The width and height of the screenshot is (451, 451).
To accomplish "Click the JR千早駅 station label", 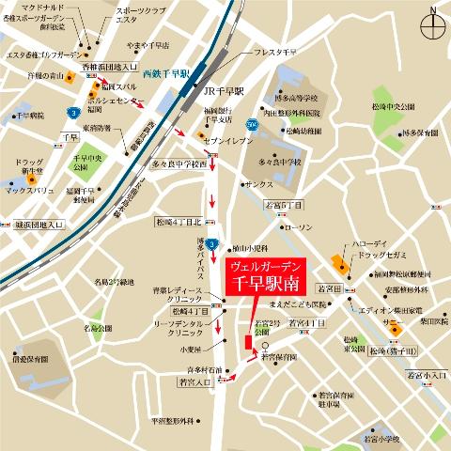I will (224, 91).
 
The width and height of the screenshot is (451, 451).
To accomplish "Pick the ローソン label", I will (298, 227).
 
